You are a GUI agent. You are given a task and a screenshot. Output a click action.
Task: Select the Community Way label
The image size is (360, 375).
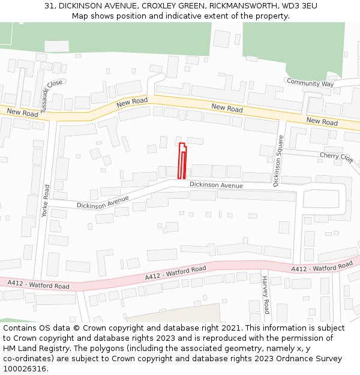coord(310,83)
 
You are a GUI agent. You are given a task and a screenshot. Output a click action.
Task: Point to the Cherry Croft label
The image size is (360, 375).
coord(336,157)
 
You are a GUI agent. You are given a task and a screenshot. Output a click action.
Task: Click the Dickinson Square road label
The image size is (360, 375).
coord(278,161)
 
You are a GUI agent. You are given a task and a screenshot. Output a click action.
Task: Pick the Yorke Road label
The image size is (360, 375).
coord(46,200)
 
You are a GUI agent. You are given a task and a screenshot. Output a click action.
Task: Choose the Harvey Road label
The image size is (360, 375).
coord(266,295)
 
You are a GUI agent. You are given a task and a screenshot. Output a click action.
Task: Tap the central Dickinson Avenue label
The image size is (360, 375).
coord(216,185)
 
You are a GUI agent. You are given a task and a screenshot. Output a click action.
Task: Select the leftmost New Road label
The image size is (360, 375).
coord(22,113)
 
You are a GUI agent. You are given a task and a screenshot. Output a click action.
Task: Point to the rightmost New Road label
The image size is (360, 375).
coord(322,122)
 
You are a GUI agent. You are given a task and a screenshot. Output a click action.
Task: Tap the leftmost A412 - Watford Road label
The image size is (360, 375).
coord(38,284)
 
